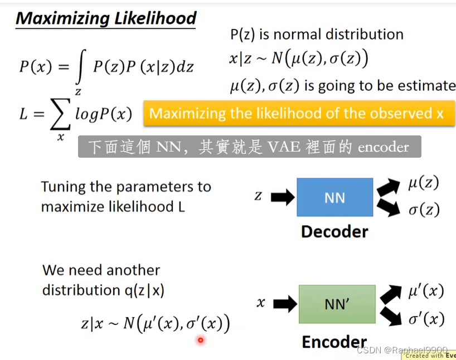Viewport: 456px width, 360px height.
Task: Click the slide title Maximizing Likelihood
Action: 106,18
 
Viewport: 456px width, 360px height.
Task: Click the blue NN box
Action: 334,197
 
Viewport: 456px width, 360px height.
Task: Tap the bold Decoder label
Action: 334,231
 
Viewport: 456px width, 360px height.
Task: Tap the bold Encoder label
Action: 334,342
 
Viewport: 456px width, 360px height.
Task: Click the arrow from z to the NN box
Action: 282,197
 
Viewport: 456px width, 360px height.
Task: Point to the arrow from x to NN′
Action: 285,304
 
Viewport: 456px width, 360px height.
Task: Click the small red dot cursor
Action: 200,340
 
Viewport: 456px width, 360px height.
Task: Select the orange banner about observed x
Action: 299,114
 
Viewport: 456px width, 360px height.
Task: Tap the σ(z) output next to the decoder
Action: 423,210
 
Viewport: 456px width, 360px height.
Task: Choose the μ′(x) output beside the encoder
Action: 426,291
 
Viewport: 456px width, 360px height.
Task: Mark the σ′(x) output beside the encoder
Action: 426,319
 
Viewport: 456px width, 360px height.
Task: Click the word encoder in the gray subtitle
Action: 384,147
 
